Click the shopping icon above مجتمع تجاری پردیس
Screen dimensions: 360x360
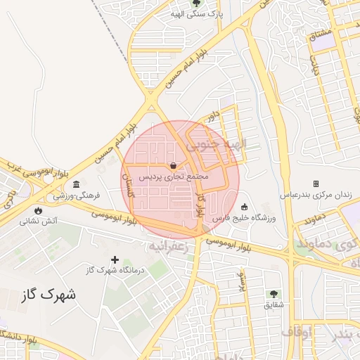coord(173,165)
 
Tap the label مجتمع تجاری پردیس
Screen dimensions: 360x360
coord(173,176)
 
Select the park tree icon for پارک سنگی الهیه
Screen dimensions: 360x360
coord(195,3)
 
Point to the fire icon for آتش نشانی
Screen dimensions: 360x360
coord(37,210)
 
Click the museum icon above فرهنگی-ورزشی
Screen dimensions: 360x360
coord(77,184)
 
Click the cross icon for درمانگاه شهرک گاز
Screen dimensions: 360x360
coord(115,259)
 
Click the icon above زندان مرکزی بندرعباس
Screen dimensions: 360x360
coord(316,183)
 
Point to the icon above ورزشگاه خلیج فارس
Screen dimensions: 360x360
coord(244,207)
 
